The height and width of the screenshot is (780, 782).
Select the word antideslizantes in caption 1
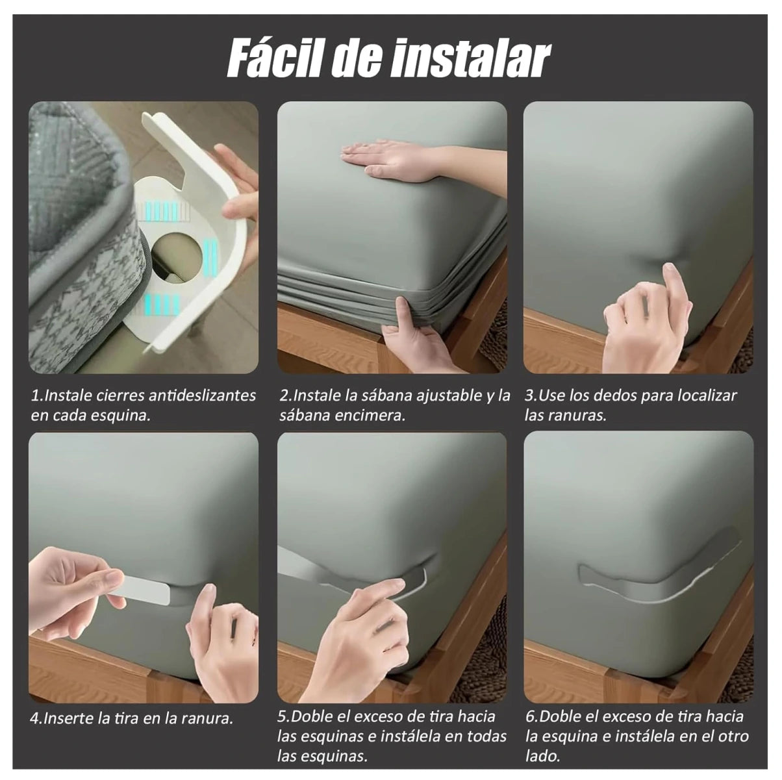coord(203,396)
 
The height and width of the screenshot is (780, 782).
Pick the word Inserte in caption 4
coord(71,719)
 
